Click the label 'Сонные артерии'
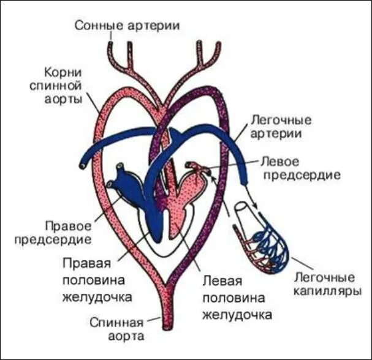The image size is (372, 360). pos(128,26)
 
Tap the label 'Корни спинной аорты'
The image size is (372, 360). pos(56,85)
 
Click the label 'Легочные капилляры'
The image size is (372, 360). pos(325,284)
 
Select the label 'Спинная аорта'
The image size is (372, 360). pos(117,329)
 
